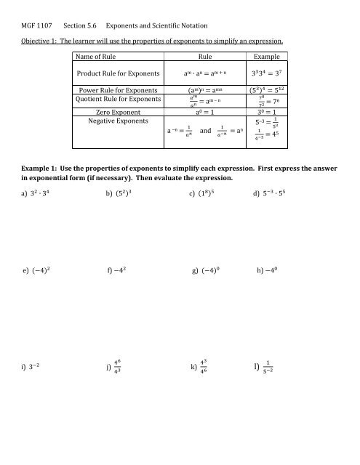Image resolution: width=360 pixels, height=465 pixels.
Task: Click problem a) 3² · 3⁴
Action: click(x=41, y=192)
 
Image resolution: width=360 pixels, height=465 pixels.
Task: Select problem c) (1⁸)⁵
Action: click(x=210, y=192)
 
